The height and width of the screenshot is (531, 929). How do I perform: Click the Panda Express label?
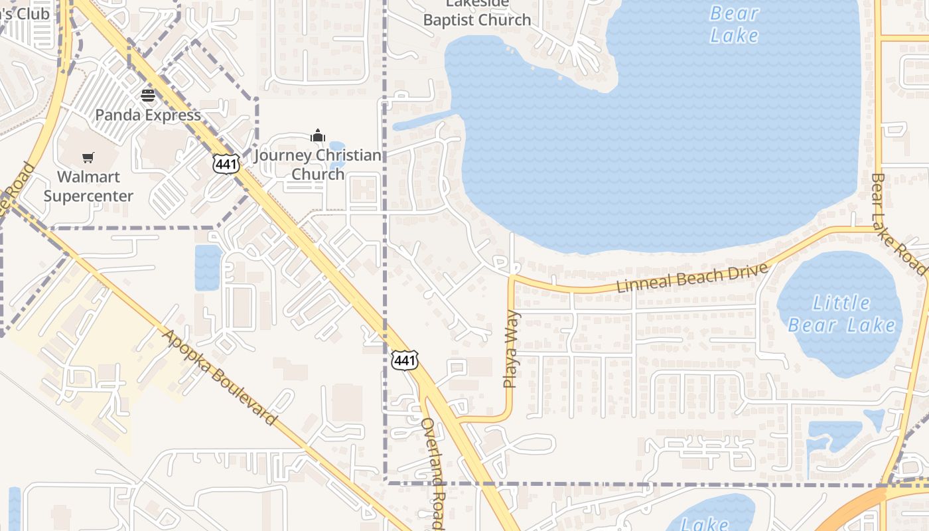pos(147,115)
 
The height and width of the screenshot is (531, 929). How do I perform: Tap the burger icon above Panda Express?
pos(147,95)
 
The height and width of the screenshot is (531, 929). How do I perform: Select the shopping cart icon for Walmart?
pos(88,157)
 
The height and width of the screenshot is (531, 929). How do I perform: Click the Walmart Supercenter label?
pos(88,187)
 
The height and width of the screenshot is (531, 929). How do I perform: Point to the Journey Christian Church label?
pos(318,165)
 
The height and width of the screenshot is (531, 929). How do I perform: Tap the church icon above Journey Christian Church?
pos(318,136)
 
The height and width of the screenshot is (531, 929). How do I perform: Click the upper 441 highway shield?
pos(226,163)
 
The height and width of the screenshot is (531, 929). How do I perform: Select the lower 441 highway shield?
pos(405,360)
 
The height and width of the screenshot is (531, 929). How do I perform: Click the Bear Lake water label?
pos(734,24)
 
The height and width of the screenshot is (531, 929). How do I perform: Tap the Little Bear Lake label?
pos(841,314)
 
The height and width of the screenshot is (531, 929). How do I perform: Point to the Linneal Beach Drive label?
pos(692,277)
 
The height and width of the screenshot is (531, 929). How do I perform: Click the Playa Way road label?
pos(510,350)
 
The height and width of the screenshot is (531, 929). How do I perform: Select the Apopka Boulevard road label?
pos(219,376)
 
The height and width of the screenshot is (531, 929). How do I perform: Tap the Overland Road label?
pos(431,473)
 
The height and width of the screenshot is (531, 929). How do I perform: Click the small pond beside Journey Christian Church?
pos(336,147)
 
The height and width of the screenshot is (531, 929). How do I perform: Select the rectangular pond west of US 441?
pos(207,267)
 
